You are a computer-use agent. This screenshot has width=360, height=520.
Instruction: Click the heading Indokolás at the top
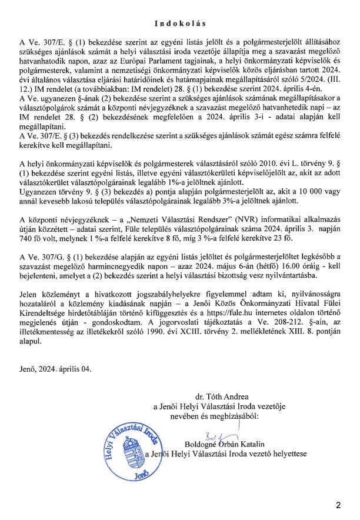pos(180,24)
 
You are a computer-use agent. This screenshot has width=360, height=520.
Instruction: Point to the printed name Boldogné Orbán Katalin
pos(225,444)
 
